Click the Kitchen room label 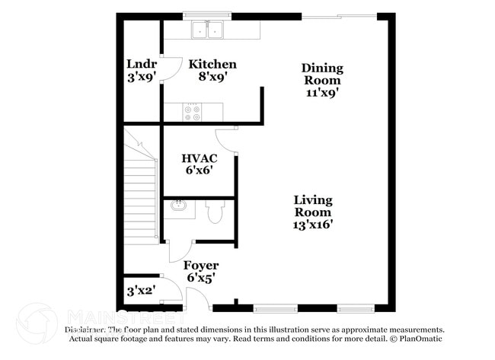(212, 64)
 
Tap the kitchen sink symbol (207, 30)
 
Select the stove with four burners (193, 113)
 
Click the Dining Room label (322, 74)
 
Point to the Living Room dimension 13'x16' (313, 225)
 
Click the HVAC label (200, 158)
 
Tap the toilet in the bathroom (215, 211)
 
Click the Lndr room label (141, 64)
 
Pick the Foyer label (201, 266)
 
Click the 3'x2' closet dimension (141, 291)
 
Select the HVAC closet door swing (225, 139)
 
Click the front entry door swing (197, 298)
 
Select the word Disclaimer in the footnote (82, 329)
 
